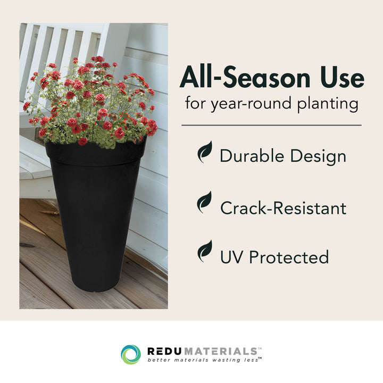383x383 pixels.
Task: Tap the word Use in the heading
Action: [343, 79]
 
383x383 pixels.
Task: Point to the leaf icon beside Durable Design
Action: [205, 153]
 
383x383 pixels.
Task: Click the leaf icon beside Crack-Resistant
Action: [205, 202]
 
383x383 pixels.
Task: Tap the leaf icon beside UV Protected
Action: [205, 252]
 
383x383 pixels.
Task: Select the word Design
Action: [318, 156]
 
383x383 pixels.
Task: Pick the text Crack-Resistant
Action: [283, 208]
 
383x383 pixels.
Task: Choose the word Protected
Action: [289, 257]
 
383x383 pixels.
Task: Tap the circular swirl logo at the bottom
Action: [131, 354]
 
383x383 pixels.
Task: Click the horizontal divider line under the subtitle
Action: [271, 125]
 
